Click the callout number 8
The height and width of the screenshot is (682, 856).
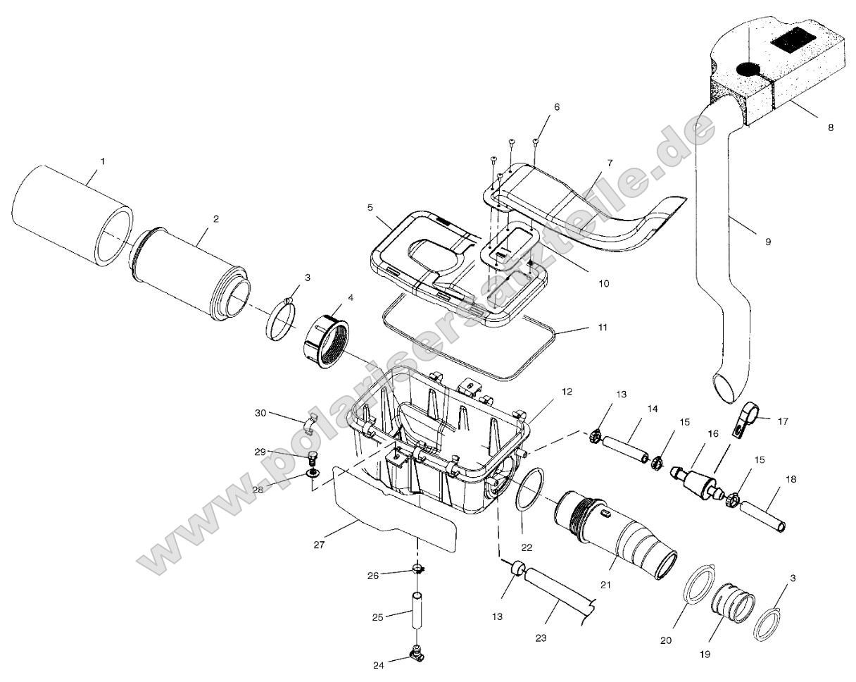[831, 128]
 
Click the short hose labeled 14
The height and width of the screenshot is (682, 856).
[623, 448]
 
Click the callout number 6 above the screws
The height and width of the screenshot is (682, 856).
[557, 107]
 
